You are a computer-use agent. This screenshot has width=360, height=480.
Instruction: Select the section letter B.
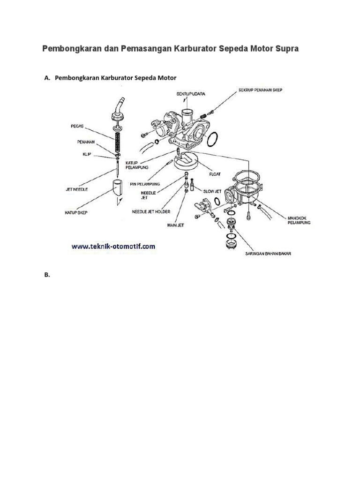[x=47, y=275]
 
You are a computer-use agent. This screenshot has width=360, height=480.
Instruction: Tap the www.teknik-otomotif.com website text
[x=113, y=245]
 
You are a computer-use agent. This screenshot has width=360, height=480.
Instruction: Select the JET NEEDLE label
[x=75, y=190]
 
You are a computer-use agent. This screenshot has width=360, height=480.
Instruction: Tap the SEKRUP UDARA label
[x=190, y=94]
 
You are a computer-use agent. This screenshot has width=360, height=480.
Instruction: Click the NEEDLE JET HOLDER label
[x=152, y=211]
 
